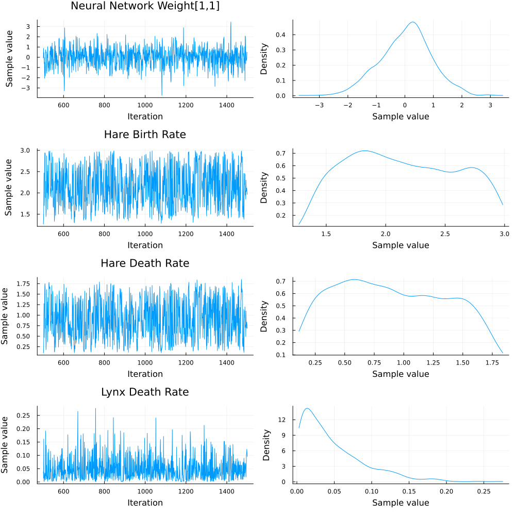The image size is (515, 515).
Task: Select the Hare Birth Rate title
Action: [x=145, y=135]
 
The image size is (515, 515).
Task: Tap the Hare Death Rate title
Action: [x=145, y=263]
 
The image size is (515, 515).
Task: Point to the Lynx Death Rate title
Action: [x=145, y=392]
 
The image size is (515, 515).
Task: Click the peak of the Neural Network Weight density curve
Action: [x=413, y=22]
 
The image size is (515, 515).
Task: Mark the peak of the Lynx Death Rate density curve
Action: [x=307, y=408]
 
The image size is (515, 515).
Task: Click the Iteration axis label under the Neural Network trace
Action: [x=145, y=117]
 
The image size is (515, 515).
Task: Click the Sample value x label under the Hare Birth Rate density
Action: [x=401, y=245]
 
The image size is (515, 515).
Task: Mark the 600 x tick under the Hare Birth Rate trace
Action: [x=63, y=234]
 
